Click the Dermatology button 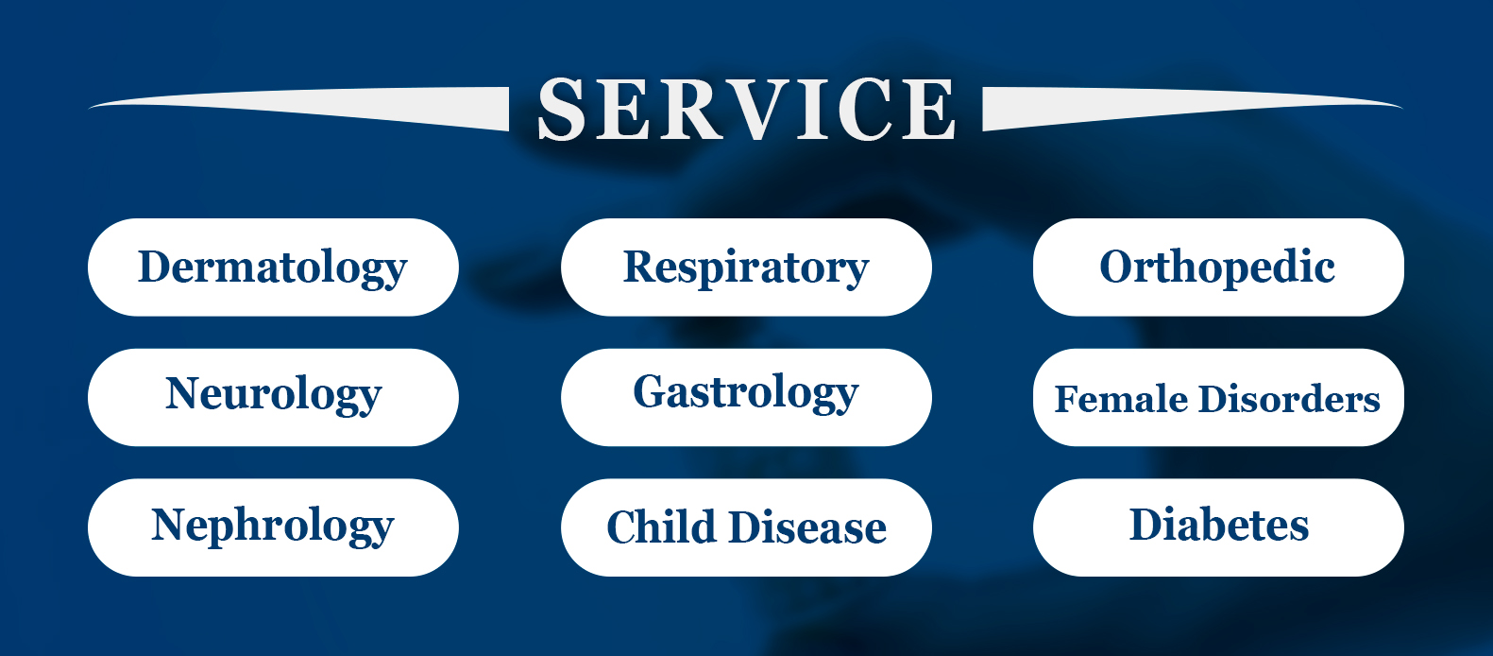point(273,267)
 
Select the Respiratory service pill point(746,267)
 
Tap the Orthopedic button point(1218,267)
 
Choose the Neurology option point(273,397)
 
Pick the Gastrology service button point(746,397)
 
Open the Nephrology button point(273,527)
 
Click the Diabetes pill point(1218,527)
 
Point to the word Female point(1121,399)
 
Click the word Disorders point(1289,399)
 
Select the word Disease point(807,527)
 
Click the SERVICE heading point(746,109)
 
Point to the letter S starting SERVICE point(561,109)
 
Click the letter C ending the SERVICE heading point(865,109)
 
